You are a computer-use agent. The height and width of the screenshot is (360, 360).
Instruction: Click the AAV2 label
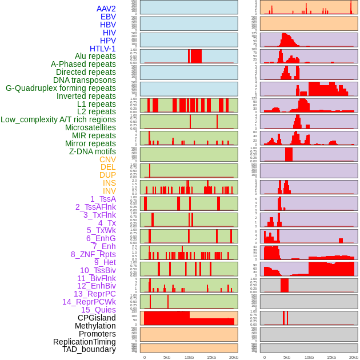point(106,9)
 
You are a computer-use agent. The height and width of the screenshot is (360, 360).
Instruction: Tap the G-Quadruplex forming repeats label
point(61,88)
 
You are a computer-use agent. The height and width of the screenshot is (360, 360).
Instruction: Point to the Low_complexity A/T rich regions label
point(58,119)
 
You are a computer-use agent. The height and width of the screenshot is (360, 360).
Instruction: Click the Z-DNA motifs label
point(92,151)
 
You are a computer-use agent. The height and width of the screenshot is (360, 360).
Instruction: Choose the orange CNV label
point(107,159)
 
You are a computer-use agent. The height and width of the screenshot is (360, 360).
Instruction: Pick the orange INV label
point(109,191)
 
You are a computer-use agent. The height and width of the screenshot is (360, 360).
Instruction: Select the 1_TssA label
point(103,199)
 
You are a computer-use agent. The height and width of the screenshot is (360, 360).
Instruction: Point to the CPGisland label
point(97,318)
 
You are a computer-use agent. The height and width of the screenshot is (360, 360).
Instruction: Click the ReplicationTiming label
point(84,342)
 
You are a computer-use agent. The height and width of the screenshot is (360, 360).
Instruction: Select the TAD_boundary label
point(89,349)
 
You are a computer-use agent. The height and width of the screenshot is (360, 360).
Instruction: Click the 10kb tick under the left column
point(189,357)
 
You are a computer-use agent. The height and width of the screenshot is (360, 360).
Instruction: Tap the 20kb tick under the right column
point(354,357)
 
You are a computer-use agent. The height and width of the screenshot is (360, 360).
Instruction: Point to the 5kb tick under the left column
point(166,357)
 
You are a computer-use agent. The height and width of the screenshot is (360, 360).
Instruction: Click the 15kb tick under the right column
point(331,357)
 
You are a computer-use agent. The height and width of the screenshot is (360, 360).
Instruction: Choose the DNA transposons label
point(85,80)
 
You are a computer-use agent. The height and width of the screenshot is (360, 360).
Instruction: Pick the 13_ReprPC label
point(94,294)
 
